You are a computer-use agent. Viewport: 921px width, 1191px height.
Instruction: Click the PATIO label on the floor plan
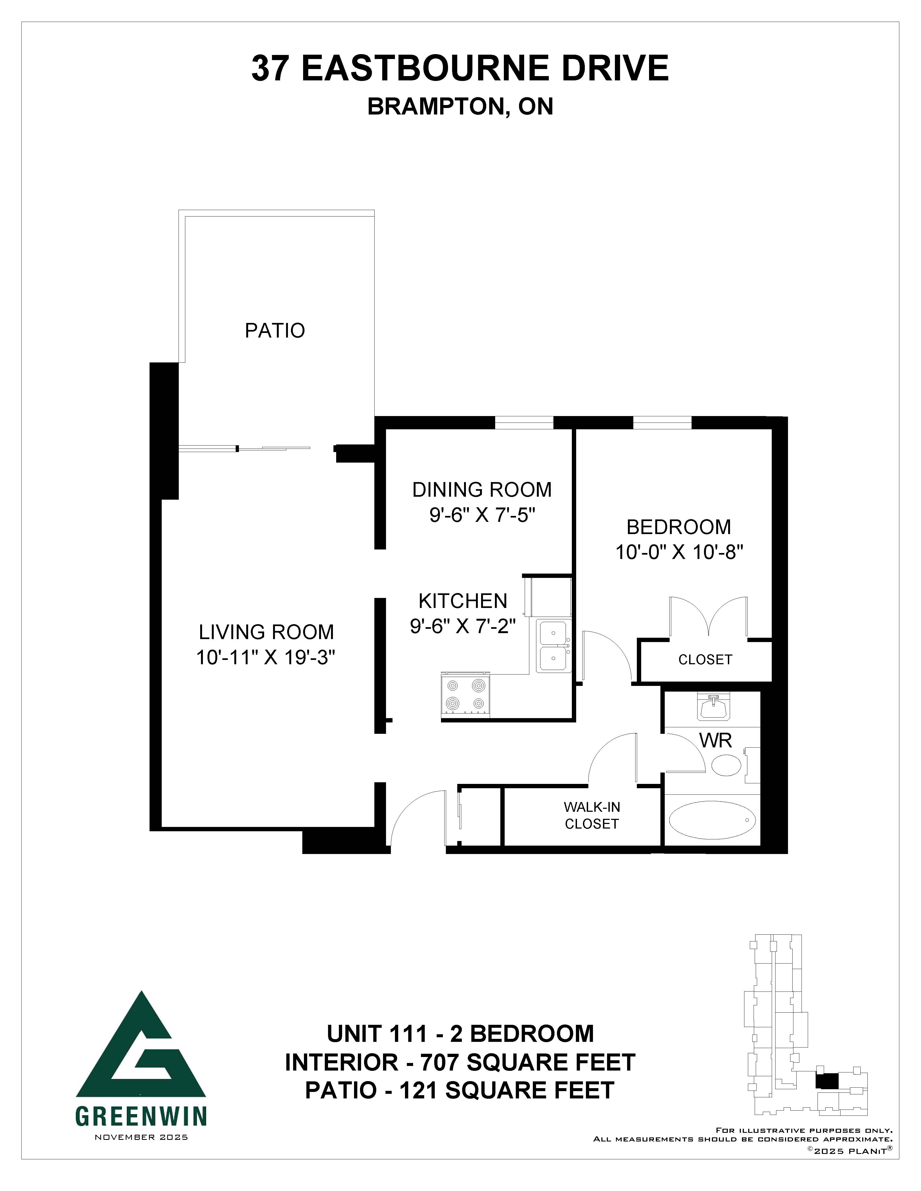point(274,331)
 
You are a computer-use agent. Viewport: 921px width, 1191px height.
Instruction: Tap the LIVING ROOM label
point(266,632)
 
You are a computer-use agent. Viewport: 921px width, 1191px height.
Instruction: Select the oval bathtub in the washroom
point(712,820)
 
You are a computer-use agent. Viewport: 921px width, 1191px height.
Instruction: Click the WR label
point(715,741)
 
